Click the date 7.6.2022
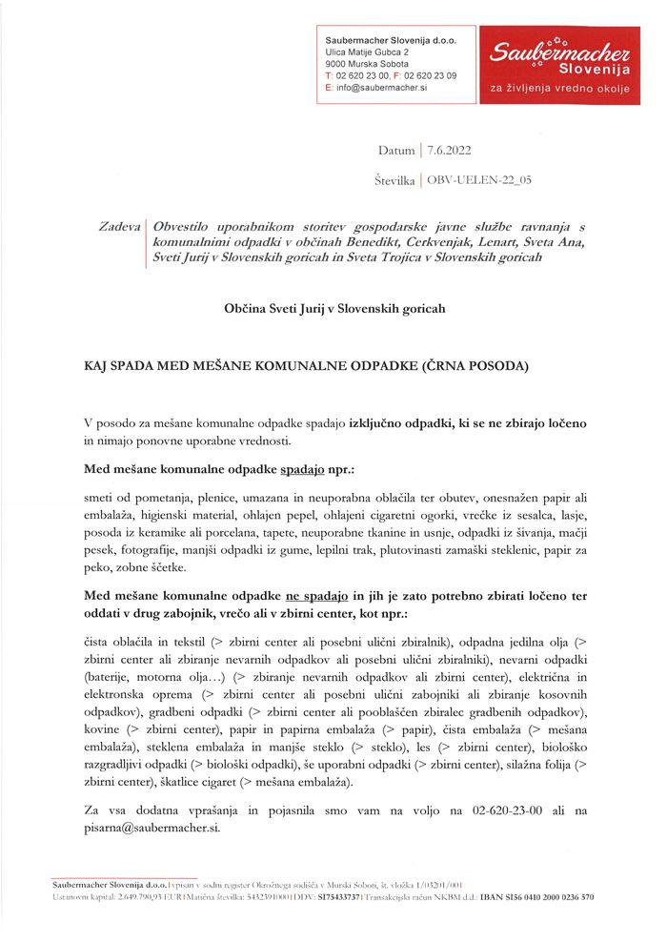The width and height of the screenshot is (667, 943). [x=450, y=150]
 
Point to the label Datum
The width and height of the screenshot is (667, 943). [x=396, y=150]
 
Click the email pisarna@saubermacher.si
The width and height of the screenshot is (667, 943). [x=152, y=827]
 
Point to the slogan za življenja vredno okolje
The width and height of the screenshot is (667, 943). [x=558, y=88]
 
